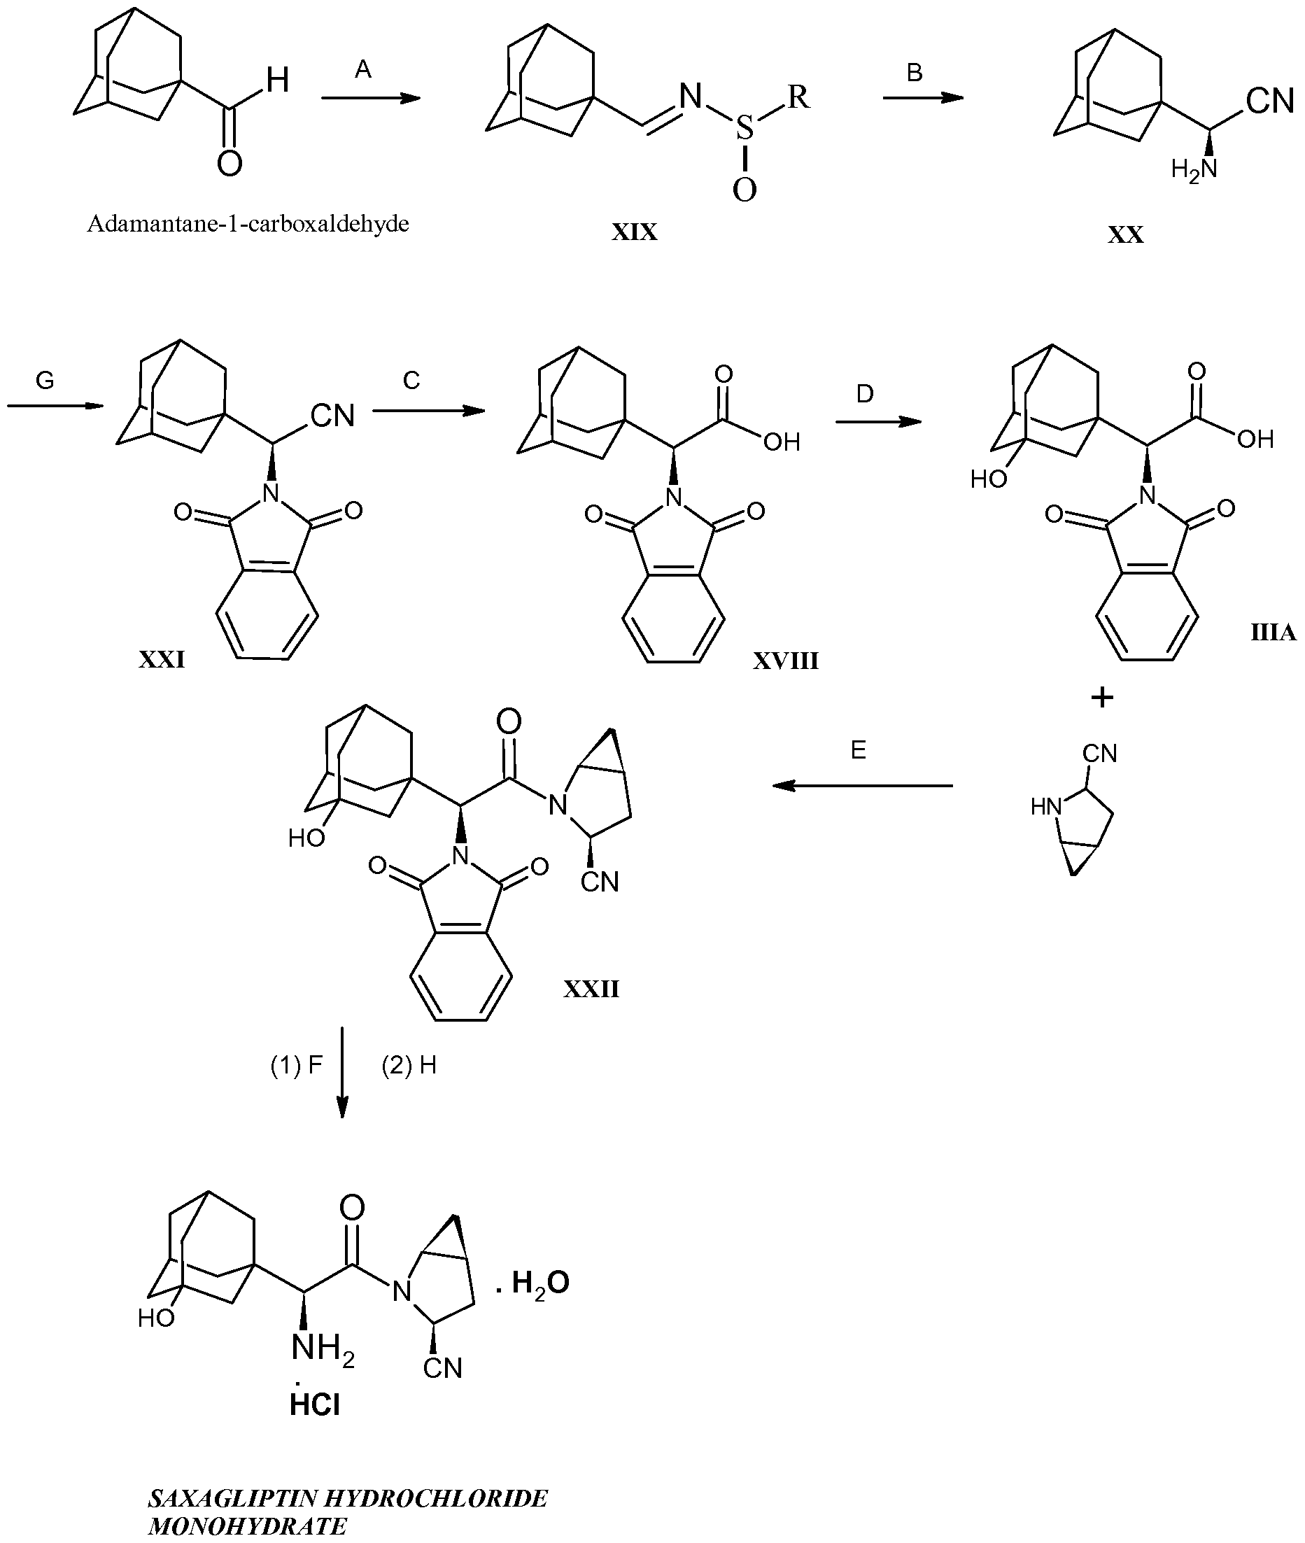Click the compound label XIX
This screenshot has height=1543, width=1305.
click(634, 233)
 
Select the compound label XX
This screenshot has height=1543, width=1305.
click(1125, 235)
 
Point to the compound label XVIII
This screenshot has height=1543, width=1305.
click(786, 661)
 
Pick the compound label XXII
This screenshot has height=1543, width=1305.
click(591, 989)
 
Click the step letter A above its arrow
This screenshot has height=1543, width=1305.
click(362, 69)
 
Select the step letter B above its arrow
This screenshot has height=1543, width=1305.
click(915, 73)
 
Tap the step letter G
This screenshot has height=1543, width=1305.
click(45, 381)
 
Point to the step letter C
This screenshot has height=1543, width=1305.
click(411, 380)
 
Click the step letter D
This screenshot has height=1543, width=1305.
click(865, 394)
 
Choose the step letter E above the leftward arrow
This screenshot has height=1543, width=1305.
click(858, 750)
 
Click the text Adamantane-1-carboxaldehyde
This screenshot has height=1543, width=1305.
click(248, 223)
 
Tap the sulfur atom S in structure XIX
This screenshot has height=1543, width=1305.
click(745, 129)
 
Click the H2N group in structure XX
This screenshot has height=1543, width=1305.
click(1194, 170)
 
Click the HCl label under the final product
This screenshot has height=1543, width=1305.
click(315, 1404)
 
